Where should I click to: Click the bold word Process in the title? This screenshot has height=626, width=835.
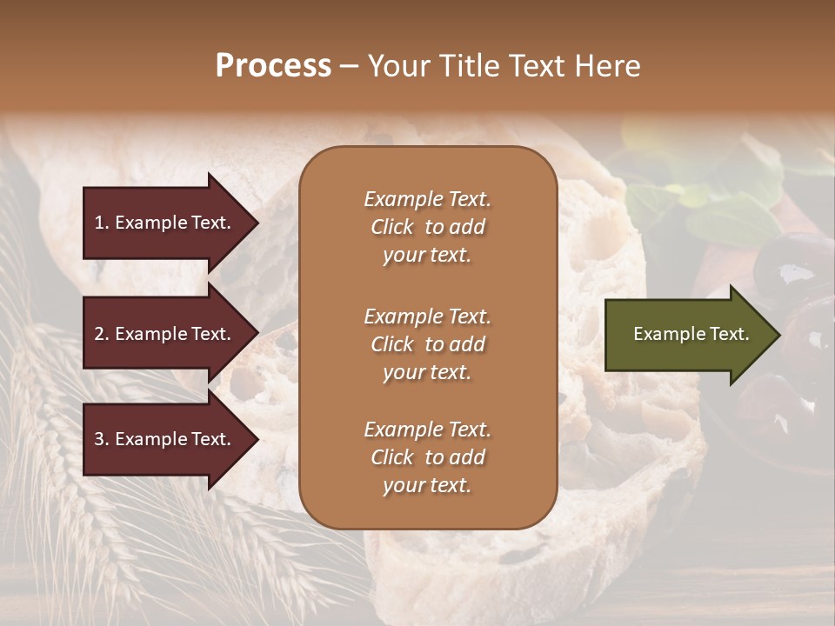tap(273, 66)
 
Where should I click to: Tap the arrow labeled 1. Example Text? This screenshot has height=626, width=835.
tap(165, 223)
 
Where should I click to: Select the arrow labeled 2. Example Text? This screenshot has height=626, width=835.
tap(165, 334)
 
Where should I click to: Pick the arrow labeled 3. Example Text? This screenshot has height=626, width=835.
tap(165, 439)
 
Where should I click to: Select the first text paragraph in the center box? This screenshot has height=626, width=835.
tap(427, 227)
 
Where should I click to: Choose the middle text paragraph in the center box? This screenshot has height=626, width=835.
tap(427, 344)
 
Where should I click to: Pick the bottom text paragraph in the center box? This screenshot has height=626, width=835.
tap(427, 457)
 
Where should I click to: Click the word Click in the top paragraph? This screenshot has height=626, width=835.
tap(391, 227)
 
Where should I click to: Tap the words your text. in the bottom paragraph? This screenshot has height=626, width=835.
tap(427, 486)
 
